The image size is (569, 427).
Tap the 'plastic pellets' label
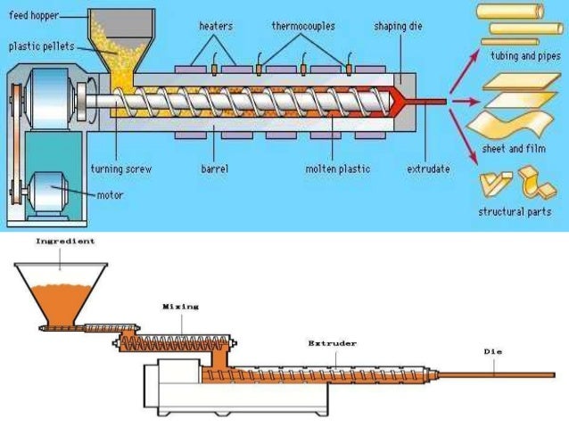tap(40, 45)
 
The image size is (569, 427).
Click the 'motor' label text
tap(108, 194)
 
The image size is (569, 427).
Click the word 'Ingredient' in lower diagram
tap(64, 241)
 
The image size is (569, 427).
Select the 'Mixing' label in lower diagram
tap(180, 307)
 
